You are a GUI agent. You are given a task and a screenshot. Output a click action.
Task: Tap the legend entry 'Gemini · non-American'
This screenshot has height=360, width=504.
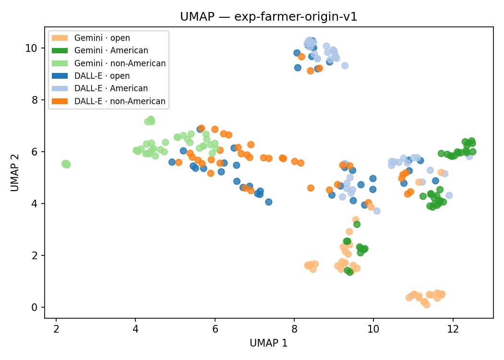point(122,63)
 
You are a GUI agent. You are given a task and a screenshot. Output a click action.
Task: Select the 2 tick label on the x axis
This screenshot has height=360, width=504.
point(56,330)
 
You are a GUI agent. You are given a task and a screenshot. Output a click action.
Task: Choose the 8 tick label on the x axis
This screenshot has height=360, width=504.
point(294,330)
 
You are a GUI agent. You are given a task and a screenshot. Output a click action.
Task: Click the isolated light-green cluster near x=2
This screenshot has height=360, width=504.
point(66,164)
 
